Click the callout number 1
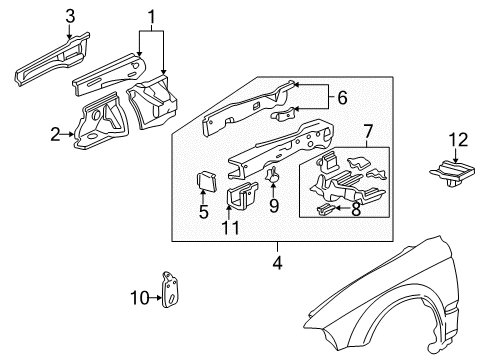[x=151, y=17]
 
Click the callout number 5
[x=204, y=212]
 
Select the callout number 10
[x=140, y=296]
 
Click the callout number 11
[x=235, y=228]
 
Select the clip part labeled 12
[x=454, y=172]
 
